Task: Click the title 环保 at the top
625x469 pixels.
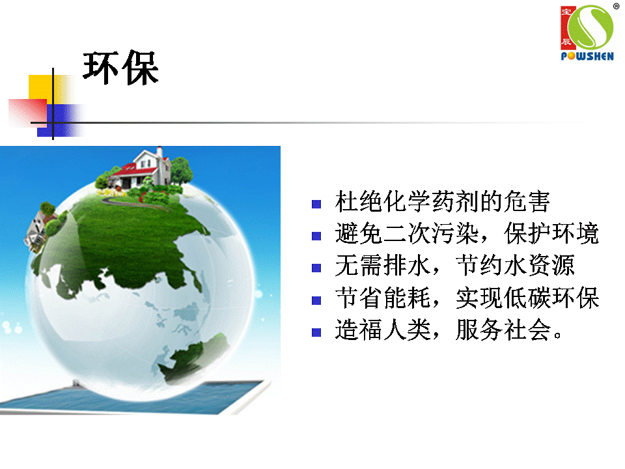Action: coord(121,68)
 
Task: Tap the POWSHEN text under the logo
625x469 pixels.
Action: coord(587,56)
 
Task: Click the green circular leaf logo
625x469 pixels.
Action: coord(590,27)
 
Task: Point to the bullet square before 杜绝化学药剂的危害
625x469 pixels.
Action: coord(316,204)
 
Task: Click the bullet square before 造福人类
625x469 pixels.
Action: coord(316,332)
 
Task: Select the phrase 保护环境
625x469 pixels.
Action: coord(551,234)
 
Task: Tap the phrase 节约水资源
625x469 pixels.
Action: coord(515,266)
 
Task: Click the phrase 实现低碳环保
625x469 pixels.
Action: coord(527,298)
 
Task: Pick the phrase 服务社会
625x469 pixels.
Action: coord(503,330)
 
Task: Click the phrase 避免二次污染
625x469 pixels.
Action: coord(406,234)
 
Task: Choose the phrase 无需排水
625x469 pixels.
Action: coord(382,266)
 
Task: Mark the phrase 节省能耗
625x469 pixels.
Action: coord(382,298)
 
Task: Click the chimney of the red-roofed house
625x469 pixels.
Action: coord(160,152)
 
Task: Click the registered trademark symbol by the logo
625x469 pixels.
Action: coord(617,6)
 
